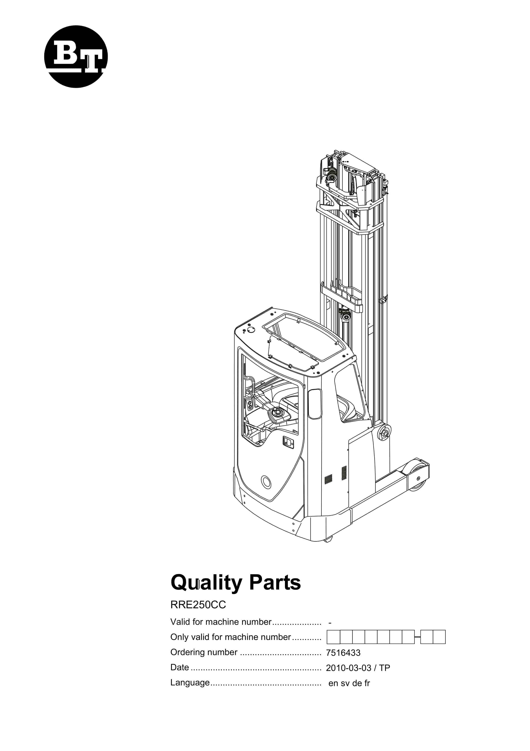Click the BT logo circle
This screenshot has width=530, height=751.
(76, 57)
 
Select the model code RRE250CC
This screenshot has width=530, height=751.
(198, 605)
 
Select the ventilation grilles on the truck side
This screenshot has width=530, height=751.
(336, 474)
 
